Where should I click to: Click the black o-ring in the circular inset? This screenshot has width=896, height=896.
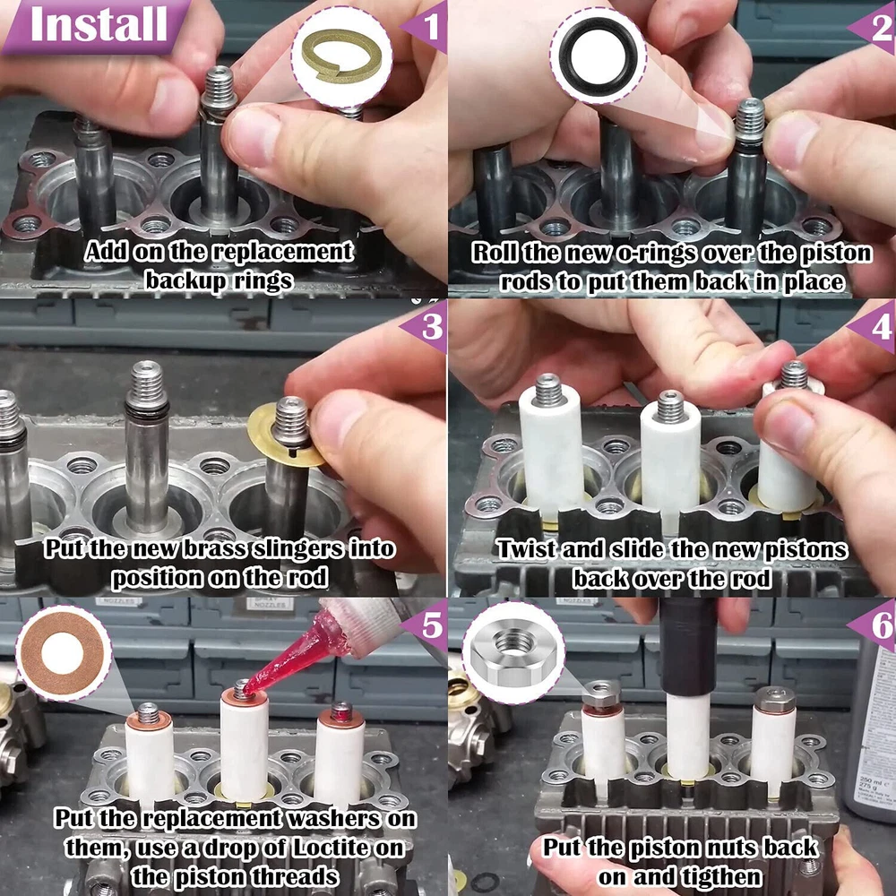599,56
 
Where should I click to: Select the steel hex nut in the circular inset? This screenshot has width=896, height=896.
513,653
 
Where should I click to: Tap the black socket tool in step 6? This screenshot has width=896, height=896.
688,646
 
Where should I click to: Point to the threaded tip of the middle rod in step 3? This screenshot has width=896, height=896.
146,383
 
